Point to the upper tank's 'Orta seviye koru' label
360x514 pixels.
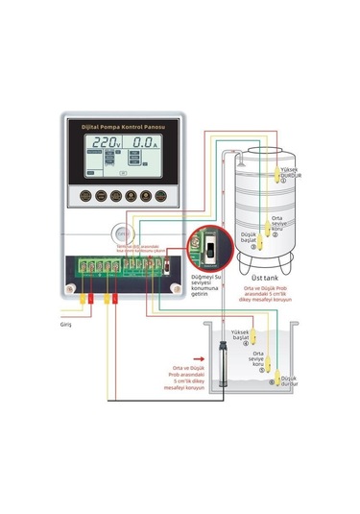[276, 223]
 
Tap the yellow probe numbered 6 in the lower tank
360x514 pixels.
[272, 383]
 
